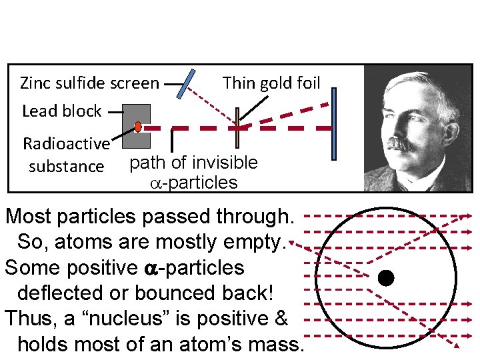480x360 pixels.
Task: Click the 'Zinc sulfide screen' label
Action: (x=89, y=83)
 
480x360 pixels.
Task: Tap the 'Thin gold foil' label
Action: (x=271, y=83)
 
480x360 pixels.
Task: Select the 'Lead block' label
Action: (x=61, y=111)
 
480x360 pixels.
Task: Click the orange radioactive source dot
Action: (x=137, y=126)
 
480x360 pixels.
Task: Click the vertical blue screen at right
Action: (x=334, y=124)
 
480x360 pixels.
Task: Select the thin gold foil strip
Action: (x=237, y=127)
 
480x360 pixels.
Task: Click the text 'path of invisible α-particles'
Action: (x=193, y=172)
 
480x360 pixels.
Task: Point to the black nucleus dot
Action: (x=385, y=277)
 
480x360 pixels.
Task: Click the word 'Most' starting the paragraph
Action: (x=30, y=216)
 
